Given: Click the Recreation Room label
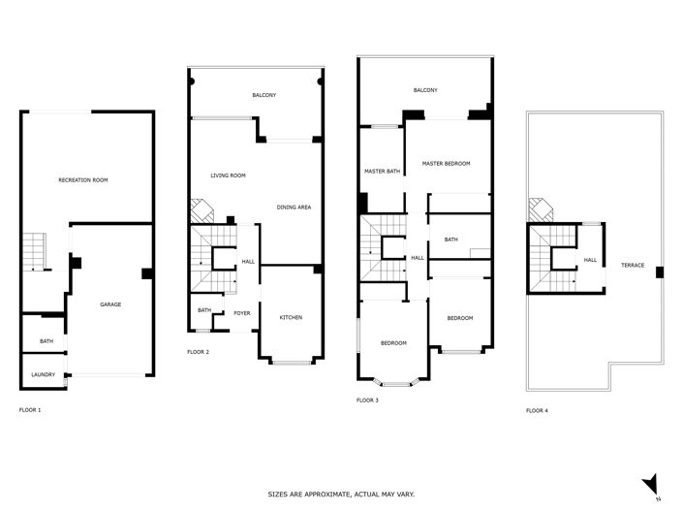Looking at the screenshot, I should [x=82, y=180].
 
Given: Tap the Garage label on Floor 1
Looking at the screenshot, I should [x=110, y=304].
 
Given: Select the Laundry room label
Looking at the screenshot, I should [x=43, y=373].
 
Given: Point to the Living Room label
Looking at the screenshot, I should [x=229, y=176].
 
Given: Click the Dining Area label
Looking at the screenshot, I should [x=294, y=208].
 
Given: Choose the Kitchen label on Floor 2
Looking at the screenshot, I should [x=291, y=318].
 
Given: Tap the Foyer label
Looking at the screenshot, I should [x=241, y=313].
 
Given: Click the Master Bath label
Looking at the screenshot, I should [x=382, y=172].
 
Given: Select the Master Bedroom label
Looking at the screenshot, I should [x=446, y=163].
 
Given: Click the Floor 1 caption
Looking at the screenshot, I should [x=30, y=410].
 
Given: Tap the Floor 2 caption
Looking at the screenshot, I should [x=199, y=351].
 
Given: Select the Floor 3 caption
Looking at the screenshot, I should [x=367, y=400].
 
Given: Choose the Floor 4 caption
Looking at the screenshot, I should [x=537, y=410].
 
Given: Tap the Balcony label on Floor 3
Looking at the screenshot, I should [x=425, y=90].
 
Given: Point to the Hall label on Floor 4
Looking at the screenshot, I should [x=590, y=260].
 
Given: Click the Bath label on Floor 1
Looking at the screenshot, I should [x=47, y=341].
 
